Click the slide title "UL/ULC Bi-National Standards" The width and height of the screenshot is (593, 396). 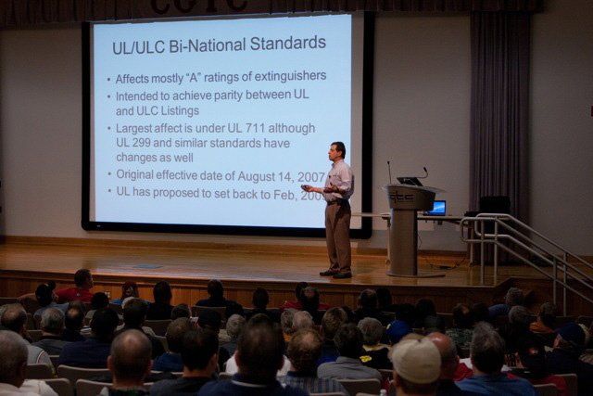point(220,43)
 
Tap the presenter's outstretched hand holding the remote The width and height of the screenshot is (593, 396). point(306,188)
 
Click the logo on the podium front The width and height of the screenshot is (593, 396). point(400,198)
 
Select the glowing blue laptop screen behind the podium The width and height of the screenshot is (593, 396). point(436,208)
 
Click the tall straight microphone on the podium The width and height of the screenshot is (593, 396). point(389,172)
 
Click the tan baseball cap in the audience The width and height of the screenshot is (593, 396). point(414,359)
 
